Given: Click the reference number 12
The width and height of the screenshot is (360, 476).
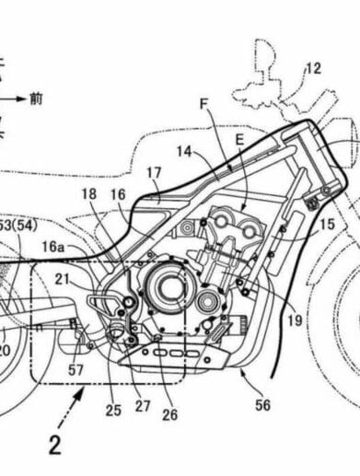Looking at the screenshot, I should (313, 66).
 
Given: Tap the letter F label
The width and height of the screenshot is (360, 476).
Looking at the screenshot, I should (204, 105).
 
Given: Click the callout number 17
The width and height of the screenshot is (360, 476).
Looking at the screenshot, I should (154, 171).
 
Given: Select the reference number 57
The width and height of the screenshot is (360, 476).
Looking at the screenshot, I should (75, 369).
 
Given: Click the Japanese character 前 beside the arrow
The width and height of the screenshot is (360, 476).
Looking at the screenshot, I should (35, 97).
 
